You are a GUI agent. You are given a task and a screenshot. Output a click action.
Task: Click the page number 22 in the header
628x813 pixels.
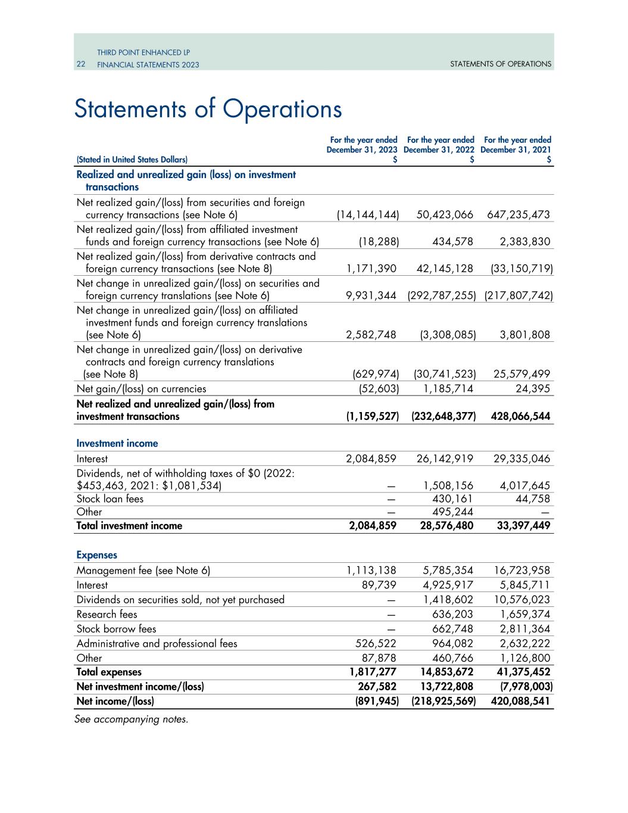[81, 64]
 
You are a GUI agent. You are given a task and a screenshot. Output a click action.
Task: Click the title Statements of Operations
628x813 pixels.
[208, 109]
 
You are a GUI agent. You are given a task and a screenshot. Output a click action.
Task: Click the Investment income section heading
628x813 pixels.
[117, 444]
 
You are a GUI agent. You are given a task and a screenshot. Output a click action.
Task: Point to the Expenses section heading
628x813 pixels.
[97, 555]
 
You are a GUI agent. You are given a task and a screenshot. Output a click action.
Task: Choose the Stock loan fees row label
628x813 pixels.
[110, 499]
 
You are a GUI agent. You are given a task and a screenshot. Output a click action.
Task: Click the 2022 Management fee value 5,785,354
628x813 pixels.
[445, 571]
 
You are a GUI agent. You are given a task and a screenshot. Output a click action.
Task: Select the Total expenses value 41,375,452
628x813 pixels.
[518, 672]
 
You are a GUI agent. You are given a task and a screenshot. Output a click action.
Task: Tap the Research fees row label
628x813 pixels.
[107, 615]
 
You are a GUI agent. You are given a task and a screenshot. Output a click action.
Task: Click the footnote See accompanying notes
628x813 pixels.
[131, 719]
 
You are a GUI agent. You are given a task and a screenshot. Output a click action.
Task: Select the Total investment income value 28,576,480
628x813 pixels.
[443, 526]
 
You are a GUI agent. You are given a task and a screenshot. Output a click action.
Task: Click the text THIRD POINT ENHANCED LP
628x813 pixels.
[143, 53]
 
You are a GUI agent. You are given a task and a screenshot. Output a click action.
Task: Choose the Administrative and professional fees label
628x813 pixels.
[157, 644]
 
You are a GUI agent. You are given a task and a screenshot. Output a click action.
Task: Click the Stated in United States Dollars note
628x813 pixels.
[132, 160]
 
